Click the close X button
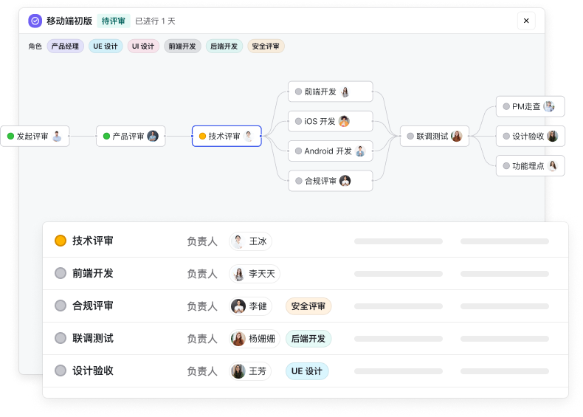(526, 21)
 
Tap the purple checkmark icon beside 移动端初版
(35, 21)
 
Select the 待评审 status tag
(114, 21)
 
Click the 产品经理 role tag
(65, 46)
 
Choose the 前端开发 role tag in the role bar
(182, 46)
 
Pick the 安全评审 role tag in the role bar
(266, 46)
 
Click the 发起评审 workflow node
(35, 136)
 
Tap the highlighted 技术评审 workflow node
(227, 136)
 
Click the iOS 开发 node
(330, 121)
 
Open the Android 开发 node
(330, 151)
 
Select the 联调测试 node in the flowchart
(435, 136)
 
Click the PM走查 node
(530, 106)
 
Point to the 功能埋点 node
(530, 166)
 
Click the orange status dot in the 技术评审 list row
(61, 241)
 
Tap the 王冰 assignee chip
(250, 241)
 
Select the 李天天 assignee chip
(255, 274)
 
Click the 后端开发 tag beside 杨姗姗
(308, 339)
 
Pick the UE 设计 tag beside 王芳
(306, 371)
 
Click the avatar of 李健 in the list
(238, 306)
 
